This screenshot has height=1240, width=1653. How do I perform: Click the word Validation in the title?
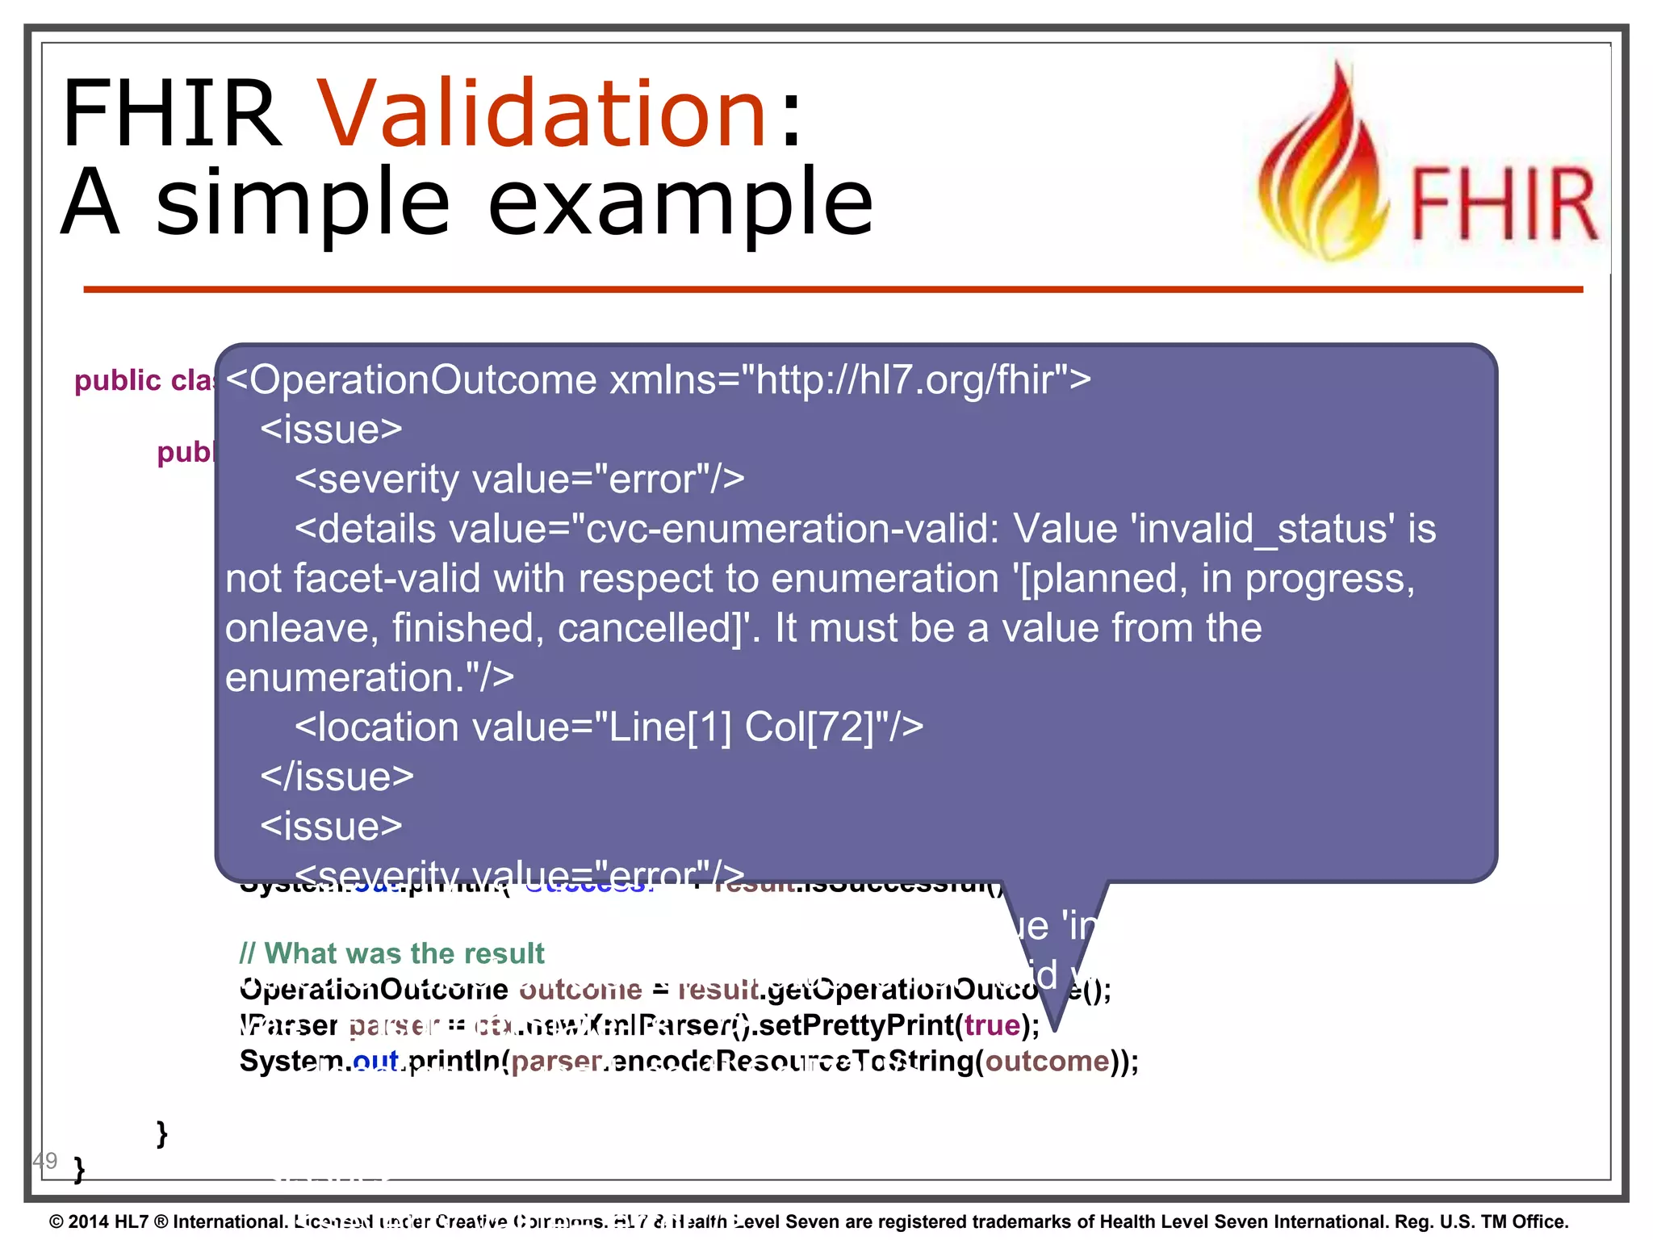[x=541, y=113]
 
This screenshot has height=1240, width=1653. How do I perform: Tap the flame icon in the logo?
[x=1324, y=170]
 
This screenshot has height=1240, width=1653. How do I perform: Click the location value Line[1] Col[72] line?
[x=609, y=727]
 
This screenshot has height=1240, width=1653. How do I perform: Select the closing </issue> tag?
[x=337, y=777]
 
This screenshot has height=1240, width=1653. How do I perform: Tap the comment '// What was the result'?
[x=391, y=953]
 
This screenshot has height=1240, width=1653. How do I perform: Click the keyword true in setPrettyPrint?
[x=992, y=1025]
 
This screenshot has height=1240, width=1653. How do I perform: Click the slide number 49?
[x=45, y=1161]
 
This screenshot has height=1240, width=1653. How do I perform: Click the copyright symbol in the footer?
[x=56, y=1221]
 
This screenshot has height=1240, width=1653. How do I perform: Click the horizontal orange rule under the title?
[x=831, y=289]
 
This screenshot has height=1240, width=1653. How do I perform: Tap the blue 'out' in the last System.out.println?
[x=376, y=1061]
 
